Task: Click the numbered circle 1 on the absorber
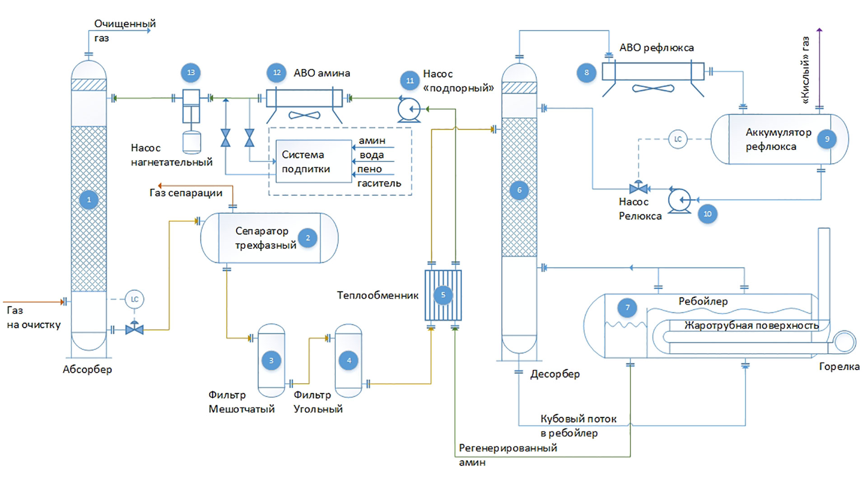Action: coord(89,200)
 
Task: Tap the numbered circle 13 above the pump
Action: coord(191,73)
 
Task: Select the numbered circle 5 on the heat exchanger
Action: coord(443,295)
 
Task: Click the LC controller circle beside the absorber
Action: coord(134,299)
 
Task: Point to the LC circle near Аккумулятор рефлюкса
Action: coord(677,139)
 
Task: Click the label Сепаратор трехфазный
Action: coord(266,238)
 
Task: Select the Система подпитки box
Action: coord(313,161)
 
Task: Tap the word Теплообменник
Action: coord(378,296)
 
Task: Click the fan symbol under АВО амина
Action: coord(304,116)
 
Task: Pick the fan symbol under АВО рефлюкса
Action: coord(653,89)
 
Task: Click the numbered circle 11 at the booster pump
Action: coord(410,81)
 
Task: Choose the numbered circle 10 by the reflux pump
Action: coord(707,214)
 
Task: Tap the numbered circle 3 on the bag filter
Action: coord(271,361)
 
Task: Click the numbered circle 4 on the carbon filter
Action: coord(349,361)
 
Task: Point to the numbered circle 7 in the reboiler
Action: coord(627,308)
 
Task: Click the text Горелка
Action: coord(839,366)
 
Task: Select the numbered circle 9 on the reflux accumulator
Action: coord(827,139)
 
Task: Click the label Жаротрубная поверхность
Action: coord(751,325)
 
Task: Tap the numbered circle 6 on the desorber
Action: coord(519,190)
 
